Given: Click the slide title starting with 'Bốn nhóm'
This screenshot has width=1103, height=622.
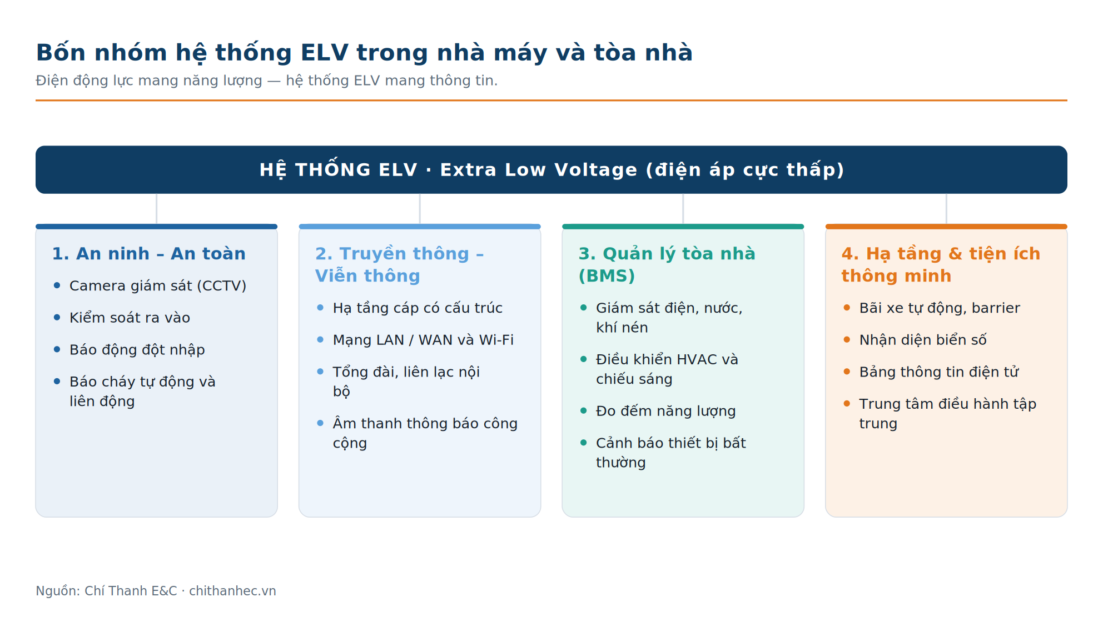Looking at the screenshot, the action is click(x=364, y=53).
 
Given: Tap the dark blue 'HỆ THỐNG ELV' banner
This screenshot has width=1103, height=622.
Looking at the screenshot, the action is click(x=551, y=170).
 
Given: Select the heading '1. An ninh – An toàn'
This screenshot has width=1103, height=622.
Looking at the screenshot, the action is click(x=149, y=254).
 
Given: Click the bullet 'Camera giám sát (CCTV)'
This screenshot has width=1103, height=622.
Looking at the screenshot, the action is click(x=158, y=286).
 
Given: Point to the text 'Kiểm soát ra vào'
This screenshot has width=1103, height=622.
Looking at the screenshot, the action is click(x=130, y=318).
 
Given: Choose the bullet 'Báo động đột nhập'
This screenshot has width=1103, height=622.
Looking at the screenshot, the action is click(x=137, y=350).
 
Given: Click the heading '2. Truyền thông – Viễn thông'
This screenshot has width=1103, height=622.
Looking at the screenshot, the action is click(x=399, y=265).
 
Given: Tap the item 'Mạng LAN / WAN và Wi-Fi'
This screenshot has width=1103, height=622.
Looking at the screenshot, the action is click(x=423, y=340).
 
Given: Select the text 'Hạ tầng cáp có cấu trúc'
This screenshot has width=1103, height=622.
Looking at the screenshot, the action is click(x=418, y=308).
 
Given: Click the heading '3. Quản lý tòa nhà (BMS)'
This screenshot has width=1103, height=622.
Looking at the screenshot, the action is click(x=667, y=265).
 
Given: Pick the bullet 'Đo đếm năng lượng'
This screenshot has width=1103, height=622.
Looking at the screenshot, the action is click(x=665, y=411).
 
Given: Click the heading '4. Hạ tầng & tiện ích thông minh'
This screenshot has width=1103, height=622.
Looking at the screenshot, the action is click(x=941, y=265).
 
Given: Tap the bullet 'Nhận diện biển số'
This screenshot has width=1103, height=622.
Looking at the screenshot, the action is click(x=923, y=340).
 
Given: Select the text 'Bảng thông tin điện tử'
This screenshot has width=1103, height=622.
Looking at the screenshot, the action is click(x=939, y=372).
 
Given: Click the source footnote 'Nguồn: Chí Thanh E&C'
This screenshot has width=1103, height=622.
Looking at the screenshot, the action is click(x=106, y=591).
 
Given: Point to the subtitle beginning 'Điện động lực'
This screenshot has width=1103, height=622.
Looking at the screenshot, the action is click(x=267, y=81).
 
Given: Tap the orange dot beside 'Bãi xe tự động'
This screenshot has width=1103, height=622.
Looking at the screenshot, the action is click(x=847, y=308).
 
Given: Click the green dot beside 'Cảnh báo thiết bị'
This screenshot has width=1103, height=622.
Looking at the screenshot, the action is click(x=583, y=443).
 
